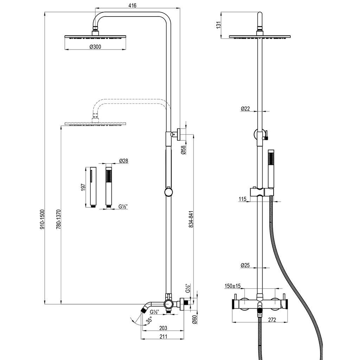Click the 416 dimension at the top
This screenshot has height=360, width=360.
[x=133, y=5]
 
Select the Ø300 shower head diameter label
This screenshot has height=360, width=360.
[x=95, y=47]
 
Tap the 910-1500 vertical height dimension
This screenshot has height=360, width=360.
[x=43, y=219]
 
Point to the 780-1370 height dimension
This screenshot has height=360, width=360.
[x=59, y=219]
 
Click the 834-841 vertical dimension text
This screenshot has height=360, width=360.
[x=191, y=219]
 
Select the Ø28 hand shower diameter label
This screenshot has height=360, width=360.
[x=124, y=161]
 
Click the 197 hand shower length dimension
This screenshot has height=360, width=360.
[x=83, y=187]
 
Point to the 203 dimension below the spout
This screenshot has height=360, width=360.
[x=163, y=328]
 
